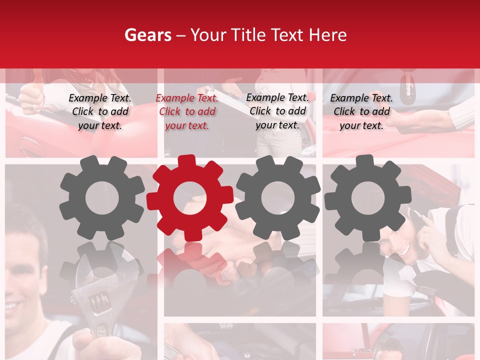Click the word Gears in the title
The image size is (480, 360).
click(147, 35)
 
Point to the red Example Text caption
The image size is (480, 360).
click(187, 111)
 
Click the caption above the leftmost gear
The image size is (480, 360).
click(100, 111)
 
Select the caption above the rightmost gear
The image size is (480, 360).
click(361, 111)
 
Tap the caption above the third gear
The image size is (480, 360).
click(277, 111)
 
